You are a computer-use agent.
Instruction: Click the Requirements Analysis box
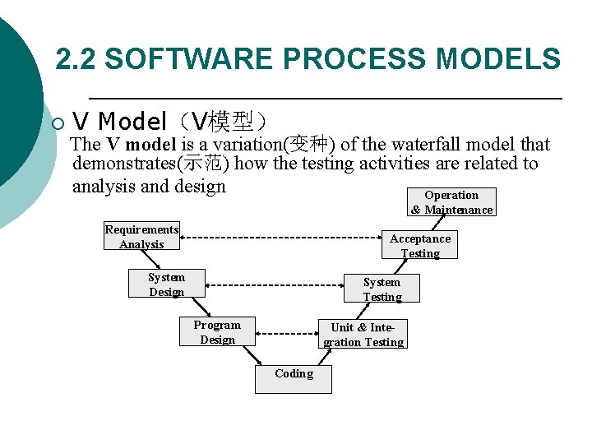[x=141, y=237]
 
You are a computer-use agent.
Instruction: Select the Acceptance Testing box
[x=420, y=245]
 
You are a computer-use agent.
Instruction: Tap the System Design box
[x=166, y=284]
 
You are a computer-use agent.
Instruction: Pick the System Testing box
[x=382, y=289]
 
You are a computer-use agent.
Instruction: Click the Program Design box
[x=217, y=331]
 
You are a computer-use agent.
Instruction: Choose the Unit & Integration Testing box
[x=363, y=334]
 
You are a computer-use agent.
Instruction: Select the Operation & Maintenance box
[x=451, y=202]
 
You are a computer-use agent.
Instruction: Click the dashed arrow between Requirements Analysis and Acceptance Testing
[x=284, y=238]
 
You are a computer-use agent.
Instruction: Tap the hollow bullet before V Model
[x=57, y=124]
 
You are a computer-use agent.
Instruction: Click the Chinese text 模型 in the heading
[x=230, y=123]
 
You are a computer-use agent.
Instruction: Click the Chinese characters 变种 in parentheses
[x=309, y=145]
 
